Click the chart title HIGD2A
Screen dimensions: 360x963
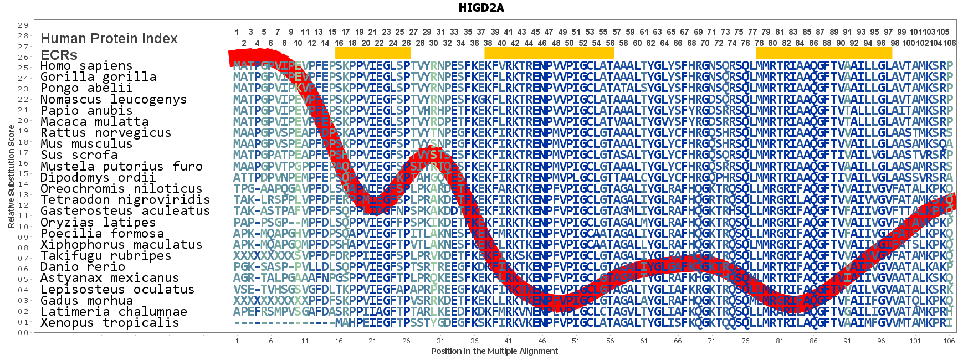click(481, 8)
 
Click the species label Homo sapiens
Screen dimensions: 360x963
click(86, 66)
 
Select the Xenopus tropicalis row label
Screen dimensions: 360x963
click(110, 323)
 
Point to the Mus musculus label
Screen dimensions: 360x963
click(86, 144)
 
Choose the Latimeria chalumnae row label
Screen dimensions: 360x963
click(114, 312)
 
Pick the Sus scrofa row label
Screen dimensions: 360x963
click(79, 155)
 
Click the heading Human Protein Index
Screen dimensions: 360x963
click(109, 39)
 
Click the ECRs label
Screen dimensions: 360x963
click(59, 55)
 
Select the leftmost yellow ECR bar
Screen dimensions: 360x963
click(373, 53)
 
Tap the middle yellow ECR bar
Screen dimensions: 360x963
click(549, 53)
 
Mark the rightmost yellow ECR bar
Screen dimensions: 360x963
click(824, 53)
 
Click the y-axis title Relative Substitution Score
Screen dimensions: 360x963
click(11, 177)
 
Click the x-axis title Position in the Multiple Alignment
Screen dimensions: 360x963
click(494, 351)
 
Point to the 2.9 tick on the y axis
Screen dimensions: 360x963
click(23, 25)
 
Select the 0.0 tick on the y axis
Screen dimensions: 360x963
click(23, 333)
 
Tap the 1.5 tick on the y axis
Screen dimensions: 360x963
click(23, 174)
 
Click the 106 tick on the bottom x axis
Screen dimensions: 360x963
click(949, 341)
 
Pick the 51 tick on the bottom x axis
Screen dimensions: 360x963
click(576, 341)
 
